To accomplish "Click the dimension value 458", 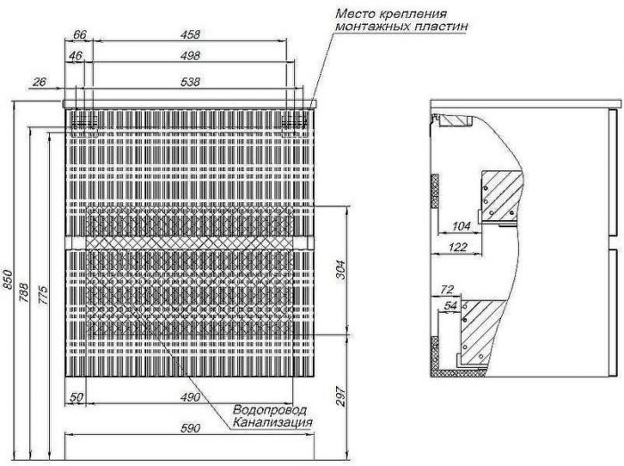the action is point(190,35).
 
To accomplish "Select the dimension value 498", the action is point(190,55).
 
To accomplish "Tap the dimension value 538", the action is point(190,82).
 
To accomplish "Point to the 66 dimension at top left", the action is point(79,35).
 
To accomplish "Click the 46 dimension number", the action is point(76,55).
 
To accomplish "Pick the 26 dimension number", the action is point(39,82).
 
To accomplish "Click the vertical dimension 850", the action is point(8,281).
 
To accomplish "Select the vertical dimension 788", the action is point(24,292).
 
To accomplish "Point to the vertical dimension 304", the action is point(341,270).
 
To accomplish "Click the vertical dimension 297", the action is point(341,396).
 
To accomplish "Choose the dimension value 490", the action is point(190,397).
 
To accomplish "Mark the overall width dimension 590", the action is point(190,429).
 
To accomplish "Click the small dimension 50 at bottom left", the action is point(77,397).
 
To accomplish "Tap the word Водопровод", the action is point(270,410).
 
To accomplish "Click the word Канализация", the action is point(272,421).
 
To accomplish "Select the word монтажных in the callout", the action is point(372,27).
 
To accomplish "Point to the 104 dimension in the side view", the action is point(461,226).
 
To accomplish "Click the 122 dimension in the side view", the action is point(457,248).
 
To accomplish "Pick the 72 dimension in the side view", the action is point(447,289).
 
